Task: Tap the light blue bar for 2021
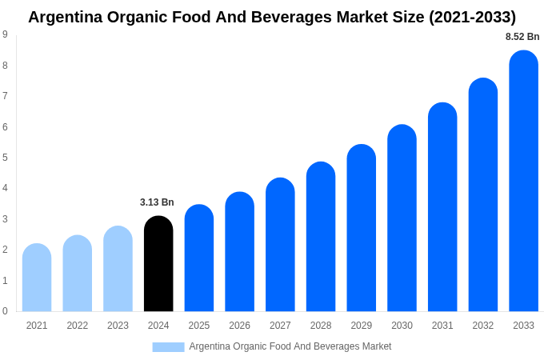(x=37, y=278)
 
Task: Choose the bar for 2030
(x=402, y=218)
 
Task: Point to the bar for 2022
(x=78, y=274)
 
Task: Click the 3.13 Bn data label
(x=157, y=202)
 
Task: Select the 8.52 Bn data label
(x=522, y=37)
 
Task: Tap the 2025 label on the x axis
(x=199, y=326)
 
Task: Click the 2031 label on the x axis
(x=442, y=326)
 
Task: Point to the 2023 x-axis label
(x=118, y=326)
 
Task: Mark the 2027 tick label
(x=280, y=326)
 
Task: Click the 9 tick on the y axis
(x=5, y=34)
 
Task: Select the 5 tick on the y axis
(x=5, y=158)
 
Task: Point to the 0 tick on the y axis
(x=5, y=311)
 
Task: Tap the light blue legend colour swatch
(x=168, y=347)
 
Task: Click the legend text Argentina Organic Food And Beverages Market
(x=290, y=346)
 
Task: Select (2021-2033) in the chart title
(x=473, y=17)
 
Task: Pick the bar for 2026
(x=239, y=252)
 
